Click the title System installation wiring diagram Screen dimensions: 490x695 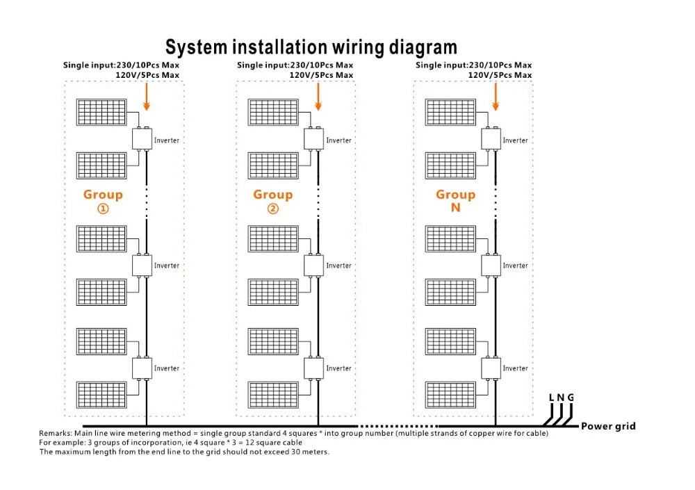(x=311, y=47)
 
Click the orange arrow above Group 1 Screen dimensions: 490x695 (x=147, y=96)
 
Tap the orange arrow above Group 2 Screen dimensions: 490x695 (x=318, y=96)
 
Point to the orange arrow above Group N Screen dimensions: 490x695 (x=496, y=96)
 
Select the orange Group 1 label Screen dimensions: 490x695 (x=103, y=201)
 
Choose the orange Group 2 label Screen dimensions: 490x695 (x=272, y=201)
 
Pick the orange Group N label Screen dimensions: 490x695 (x=455, y=201)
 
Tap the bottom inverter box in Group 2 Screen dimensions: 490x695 (x=313, y=367)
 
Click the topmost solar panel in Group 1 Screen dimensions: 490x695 (x=101, y=113)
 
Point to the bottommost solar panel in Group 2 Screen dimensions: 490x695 (x=274, y=394)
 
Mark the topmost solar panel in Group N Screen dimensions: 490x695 (x=451, y=113)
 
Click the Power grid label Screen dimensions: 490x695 (x=608, y=426)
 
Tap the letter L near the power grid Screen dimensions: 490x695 (x=552, y=398)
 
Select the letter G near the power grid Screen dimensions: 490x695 (x=571, y=398)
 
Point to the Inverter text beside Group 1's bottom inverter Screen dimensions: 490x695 (x=167, y=368)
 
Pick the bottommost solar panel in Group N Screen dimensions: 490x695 (x=451, y=394)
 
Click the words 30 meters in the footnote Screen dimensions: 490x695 (x=308, y=452)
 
